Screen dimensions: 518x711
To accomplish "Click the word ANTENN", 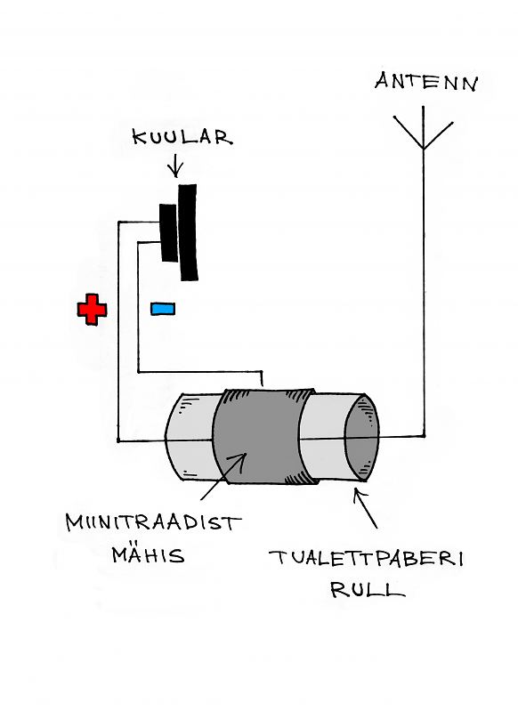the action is tap(426, 82).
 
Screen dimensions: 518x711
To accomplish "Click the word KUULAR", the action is tap(182, 137).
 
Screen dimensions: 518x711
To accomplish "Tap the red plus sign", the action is tap(92, 310).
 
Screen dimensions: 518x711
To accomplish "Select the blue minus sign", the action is tap(163, 309).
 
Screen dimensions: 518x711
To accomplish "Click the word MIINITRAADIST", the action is tap(153, 522).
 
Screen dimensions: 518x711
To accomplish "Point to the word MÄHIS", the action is tap(149, 554).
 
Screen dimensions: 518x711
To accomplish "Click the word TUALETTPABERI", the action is tap(367, 558).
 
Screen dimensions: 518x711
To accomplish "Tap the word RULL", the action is tap(368, 589).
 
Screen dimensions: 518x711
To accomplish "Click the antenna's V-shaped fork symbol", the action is tap(423, 133).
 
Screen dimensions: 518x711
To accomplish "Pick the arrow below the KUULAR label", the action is tap(175, 166).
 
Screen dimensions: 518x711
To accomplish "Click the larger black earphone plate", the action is tap(188, 232).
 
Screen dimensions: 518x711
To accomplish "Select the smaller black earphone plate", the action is tap(168, 232).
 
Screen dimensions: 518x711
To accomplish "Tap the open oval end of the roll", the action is tap(361, 438).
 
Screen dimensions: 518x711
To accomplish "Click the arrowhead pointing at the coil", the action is tap(239, 459).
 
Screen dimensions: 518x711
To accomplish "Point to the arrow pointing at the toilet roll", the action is tap(365, 508).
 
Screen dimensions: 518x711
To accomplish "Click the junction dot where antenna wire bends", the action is tap(424, 436).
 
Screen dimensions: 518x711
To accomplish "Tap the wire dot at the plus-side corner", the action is tap(118, 440).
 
